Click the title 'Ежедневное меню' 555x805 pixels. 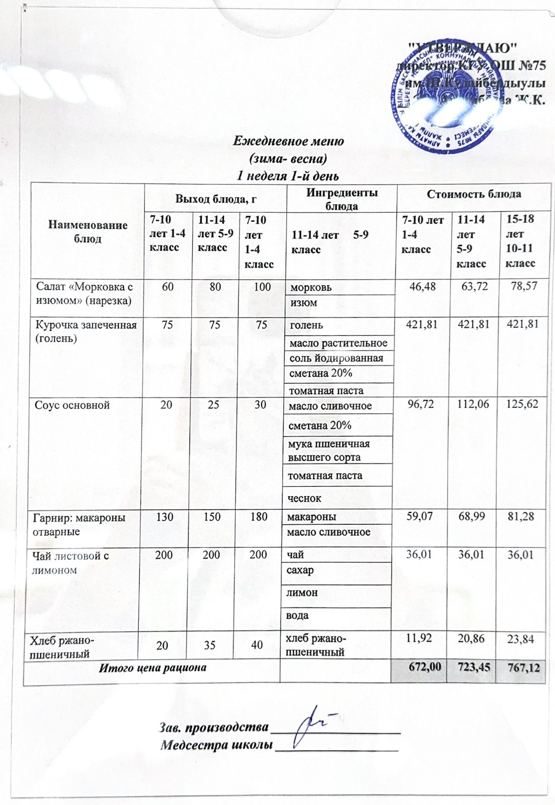click(x=288, y=141)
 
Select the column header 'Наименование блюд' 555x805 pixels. click(x=88, y=231)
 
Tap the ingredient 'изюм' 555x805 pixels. click(x=304, y=303)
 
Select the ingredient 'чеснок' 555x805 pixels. click(x=304, y=498)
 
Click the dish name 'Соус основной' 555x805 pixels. click(x=72, y=405)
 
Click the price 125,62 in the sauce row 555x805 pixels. click(x=521, y=405)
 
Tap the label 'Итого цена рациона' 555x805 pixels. click(x=152, y=668)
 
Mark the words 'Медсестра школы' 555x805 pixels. click(x=216, y=745)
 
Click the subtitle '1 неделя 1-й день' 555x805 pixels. click(x=288, y=176)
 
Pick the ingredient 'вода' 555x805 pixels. click(x=297, y=615)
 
